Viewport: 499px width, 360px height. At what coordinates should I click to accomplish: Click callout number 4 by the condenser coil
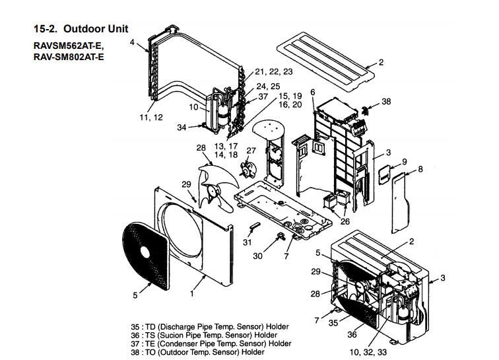point(132,42)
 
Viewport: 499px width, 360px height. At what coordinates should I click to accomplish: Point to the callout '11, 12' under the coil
point(152,117)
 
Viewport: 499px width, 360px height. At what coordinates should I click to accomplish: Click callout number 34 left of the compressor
point(182,127)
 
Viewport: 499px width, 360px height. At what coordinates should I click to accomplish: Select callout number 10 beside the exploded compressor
point(193,106)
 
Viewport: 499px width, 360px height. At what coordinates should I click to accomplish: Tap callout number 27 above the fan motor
point(251,151)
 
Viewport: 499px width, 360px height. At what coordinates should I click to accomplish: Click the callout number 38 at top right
point(386,102)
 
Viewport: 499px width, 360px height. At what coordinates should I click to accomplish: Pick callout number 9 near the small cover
point(404,162)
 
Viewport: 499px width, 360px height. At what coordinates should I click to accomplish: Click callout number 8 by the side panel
point(420,169)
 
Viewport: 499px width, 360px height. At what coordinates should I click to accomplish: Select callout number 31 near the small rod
point(248,242)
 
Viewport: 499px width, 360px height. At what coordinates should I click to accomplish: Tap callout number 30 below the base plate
point(258,256)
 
